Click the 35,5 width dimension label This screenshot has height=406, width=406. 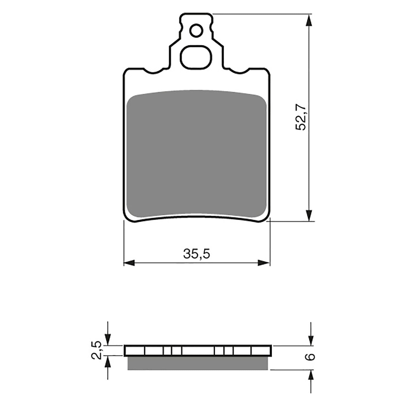pyautogui.click(x=197, y=254)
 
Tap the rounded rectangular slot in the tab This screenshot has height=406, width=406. pyautogui.click(x=196, y=57)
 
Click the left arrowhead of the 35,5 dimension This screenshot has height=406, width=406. pyautogui.click(x=129, y=263)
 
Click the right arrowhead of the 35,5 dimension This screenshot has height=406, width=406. pyautogui.click(x=264, y=263)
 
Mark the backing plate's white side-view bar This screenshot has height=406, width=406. pyautogui.click(x=198, y=351)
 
